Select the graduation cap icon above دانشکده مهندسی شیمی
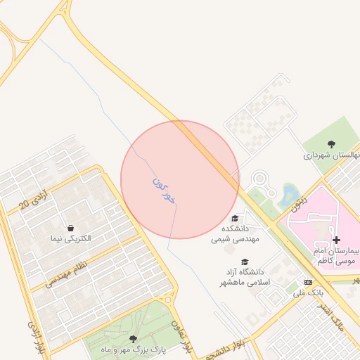click(235, 219)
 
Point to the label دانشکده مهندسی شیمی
click(236, 233)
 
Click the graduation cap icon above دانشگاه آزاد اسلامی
click(245, 262)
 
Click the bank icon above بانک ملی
click(308, 282)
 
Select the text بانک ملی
click(308, 292)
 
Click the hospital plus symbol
click(336, 240)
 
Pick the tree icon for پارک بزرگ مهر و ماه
click(133, 338)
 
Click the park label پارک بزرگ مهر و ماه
click(133, 349)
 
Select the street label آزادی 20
click(34, 199)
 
